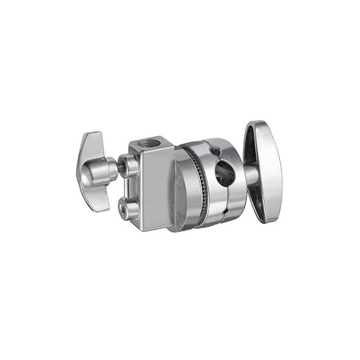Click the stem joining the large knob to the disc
pyautogui.click(x=249, y=176)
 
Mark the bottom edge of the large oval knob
pyautogui.click(x=268, y=221)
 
